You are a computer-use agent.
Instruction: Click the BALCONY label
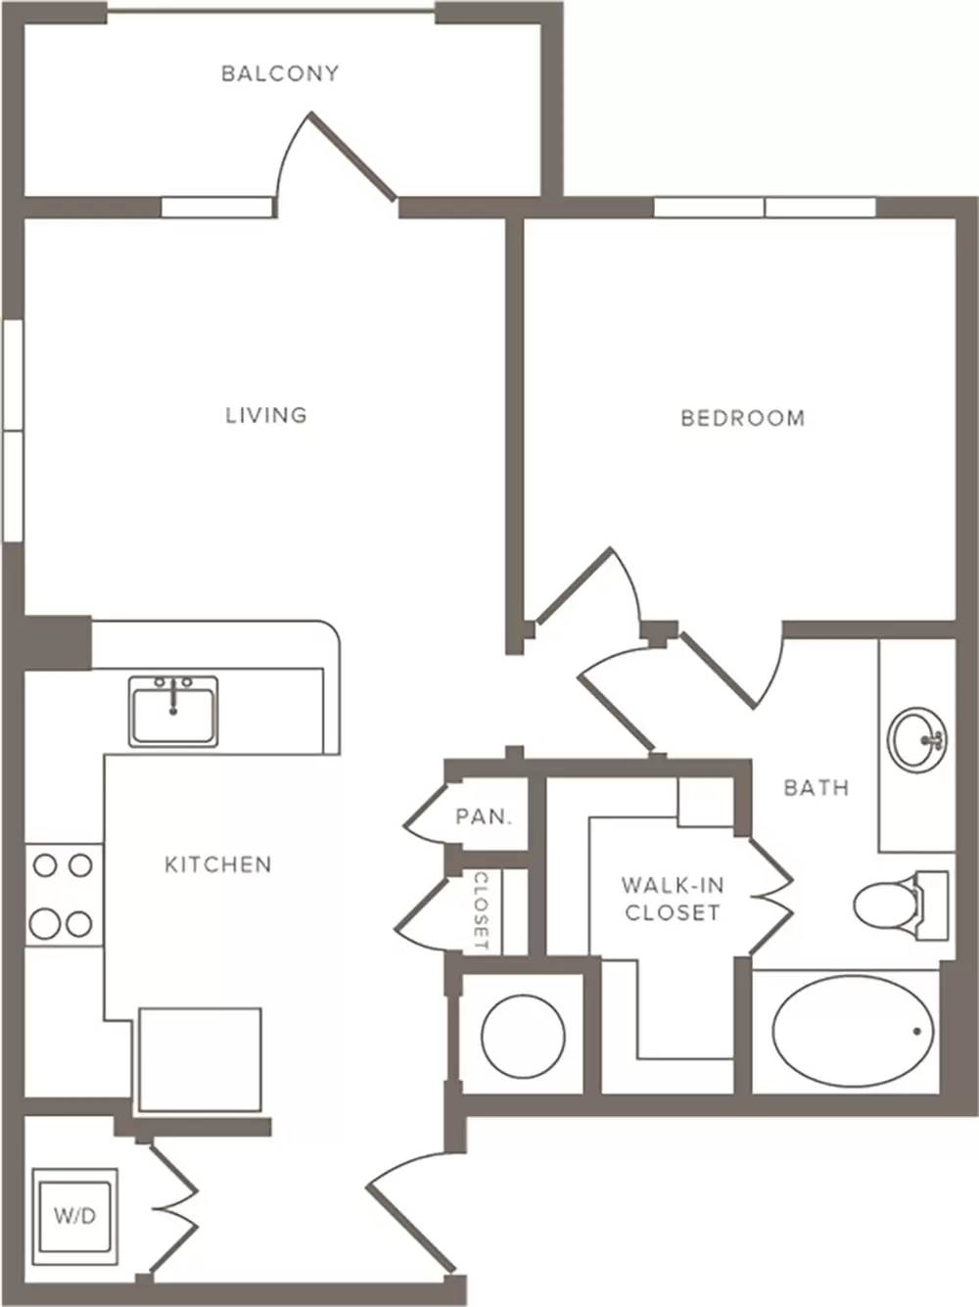coord(280,73)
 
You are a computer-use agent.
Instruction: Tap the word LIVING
coord(266,415)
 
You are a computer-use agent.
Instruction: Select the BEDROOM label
coord(743,418)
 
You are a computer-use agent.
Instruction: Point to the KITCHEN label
coord(217,864)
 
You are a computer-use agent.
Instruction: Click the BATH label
coord(816,788)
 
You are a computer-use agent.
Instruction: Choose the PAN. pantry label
coord(484,817)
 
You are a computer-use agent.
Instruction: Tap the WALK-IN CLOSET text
coord(674,899)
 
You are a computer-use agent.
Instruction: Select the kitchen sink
coord(173,711)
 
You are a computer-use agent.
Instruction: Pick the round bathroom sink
coord(917,738)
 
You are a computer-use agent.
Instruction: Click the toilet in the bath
coord(901,906)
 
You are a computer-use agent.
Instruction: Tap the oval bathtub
coord(854,1031)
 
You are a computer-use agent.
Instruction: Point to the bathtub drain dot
coord(917,1031)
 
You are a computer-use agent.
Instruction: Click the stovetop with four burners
coord(64,895)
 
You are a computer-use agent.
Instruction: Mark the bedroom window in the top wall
coord(766,208)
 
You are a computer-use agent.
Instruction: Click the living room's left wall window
coord(13,431)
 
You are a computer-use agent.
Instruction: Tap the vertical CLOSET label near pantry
coord(481,911)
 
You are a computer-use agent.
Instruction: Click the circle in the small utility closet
coord(523,1037)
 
